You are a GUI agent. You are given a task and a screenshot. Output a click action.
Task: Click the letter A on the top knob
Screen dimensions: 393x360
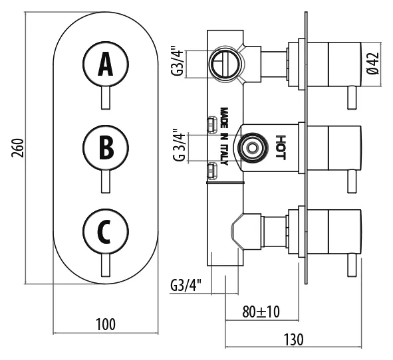tap(106, 64)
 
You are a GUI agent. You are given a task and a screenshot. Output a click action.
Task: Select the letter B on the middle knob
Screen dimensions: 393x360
tap(106, 147)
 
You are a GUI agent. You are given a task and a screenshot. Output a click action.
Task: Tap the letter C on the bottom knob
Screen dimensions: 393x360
tap(104, 232)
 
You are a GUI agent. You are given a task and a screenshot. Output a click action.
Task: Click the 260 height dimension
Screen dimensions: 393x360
tap(18, 147)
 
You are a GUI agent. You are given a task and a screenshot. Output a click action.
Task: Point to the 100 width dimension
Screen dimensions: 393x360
tap(106, 324)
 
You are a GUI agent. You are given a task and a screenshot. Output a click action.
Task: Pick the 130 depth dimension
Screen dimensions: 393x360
tap(293, 339)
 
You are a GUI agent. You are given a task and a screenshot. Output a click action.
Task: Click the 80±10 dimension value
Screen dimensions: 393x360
tap(261, 312)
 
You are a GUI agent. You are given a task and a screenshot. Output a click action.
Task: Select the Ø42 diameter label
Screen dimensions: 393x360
tap(373, 63)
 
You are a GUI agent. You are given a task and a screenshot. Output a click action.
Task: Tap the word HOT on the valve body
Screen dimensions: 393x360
tap(281, 147)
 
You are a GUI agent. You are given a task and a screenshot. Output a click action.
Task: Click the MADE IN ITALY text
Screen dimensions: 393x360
tap(224, 136)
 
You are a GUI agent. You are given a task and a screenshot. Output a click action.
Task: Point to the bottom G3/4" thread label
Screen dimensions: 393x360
tap(186, 285)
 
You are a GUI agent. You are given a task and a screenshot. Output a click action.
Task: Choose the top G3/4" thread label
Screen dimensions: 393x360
tap(178, 60)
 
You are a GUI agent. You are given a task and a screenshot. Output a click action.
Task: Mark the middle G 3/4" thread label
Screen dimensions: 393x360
tap(179, 145)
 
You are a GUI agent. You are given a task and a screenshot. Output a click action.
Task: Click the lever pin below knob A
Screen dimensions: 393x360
tap(106, 98)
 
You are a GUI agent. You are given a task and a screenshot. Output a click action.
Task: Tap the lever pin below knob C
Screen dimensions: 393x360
tap(106, 266)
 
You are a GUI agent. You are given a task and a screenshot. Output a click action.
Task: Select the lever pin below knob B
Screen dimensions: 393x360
tap(106, 181)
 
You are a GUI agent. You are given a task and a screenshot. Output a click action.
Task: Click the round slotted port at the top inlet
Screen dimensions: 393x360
tap(225, 63)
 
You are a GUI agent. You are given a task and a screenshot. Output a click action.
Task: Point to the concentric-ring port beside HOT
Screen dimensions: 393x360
tap(253, 147)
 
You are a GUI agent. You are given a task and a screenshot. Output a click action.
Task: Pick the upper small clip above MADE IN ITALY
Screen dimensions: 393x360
tap(213, 124)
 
